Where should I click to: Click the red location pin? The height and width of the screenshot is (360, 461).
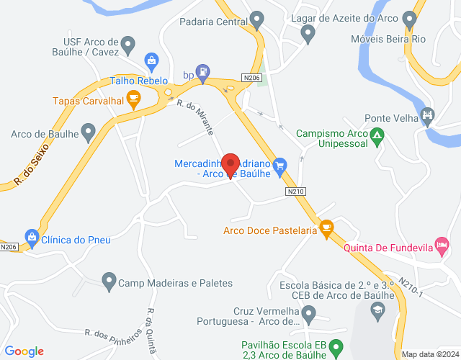click(x=230, y=164)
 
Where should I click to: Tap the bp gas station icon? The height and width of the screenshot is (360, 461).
click(x=204, y=72)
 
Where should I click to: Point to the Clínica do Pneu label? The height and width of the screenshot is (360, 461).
click(x=76, y=239)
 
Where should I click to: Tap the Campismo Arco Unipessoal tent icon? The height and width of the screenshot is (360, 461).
click(x=376, y=135)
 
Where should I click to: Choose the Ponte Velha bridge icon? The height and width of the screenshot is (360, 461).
click(x=428, y=115)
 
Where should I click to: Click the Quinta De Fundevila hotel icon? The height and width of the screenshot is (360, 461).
click(x=442, y=246)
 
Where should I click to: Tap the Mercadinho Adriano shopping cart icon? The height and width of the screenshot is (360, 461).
click(x=281, y=164)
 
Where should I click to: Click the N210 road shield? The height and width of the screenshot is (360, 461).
click(x=295, y=192)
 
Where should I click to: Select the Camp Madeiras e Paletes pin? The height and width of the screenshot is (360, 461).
click(x=109, y=281)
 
